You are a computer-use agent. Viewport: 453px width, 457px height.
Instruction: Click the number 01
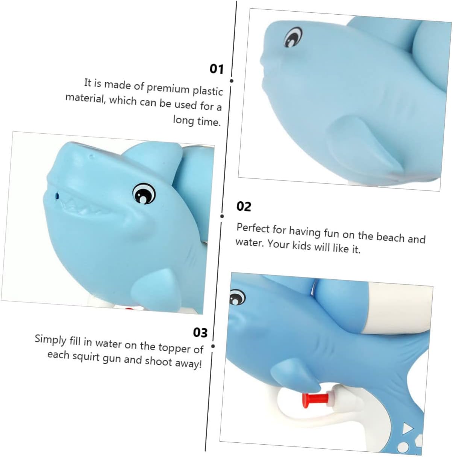point(217,69)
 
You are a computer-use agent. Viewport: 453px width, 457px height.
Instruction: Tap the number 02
point(244,207)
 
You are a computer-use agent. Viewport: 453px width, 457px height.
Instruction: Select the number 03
point(200,332)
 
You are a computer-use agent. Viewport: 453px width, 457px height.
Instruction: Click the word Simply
point(51,339)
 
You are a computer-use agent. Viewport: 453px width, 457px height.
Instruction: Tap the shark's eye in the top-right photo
point(294,37)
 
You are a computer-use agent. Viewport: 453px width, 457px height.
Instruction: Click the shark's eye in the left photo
point(144,193)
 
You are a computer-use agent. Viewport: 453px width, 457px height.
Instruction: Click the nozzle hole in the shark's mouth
point(57,196)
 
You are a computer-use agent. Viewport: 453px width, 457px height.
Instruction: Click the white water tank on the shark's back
point(400,309)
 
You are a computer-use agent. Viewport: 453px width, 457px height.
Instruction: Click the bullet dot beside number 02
point(222,216)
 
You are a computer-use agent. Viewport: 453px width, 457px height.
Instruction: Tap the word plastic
point(208,91)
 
